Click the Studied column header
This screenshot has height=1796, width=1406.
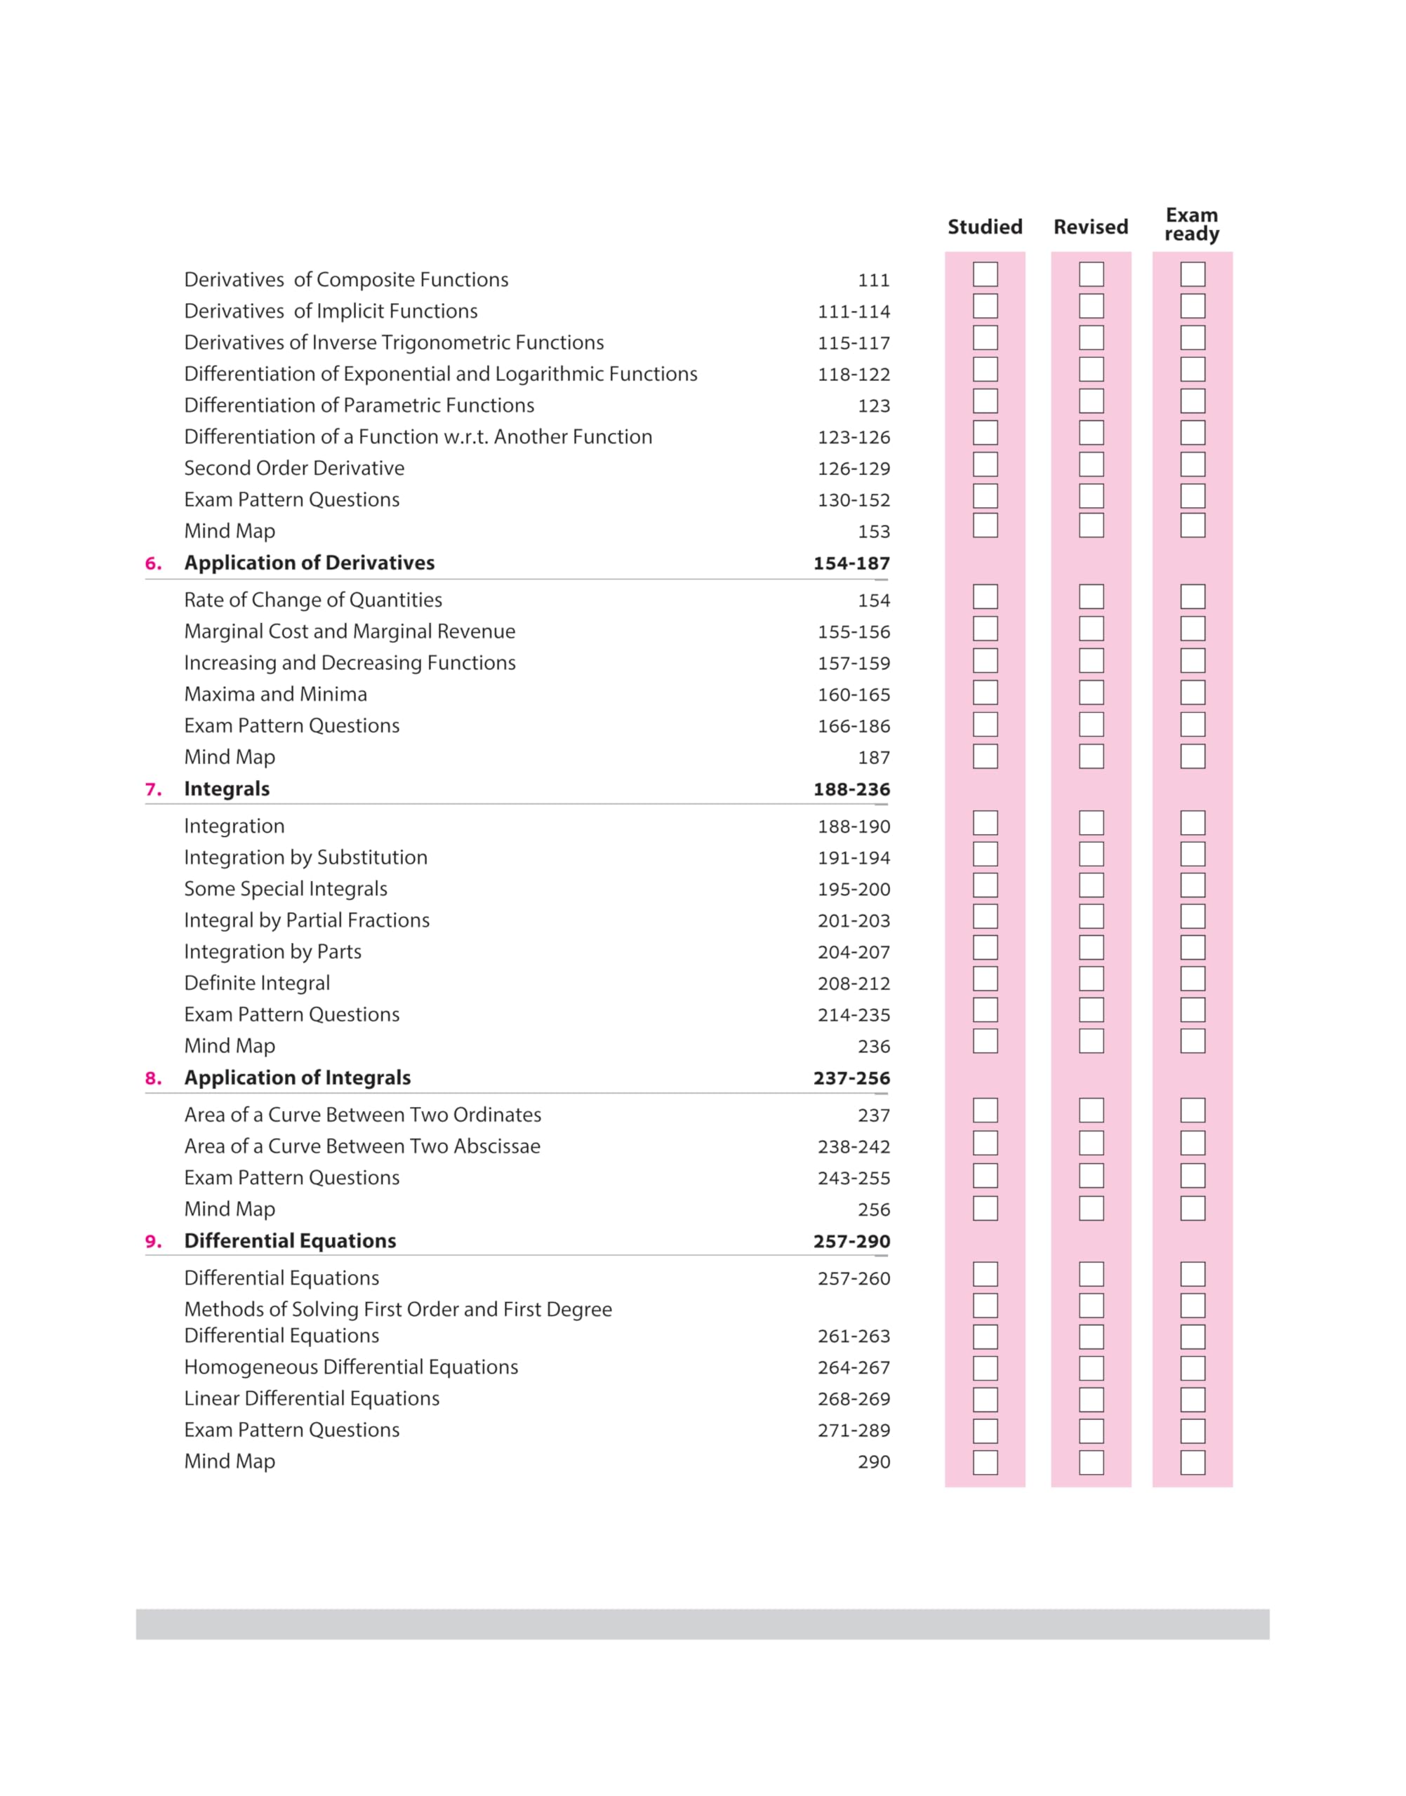click(x=985, y=227)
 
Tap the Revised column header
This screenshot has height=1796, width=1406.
click(x=1091, y=227)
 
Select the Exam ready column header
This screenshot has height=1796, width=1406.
click(x=1191, y=224)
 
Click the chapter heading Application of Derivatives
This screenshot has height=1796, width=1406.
click(x=310, y=563)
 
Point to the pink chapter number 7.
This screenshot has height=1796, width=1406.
click(x=153, y=790)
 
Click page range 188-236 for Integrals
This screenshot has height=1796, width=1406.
click(x=851, y=790)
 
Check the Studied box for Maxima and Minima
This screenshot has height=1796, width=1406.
click(x=986, y=692)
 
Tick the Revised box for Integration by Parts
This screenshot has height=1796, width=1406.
click(x=1092, y=948)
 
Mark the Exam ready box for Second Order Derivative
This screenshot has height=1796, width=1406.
click(x=1193, y=465)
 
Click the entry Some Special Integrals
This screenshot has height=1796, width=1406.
click(x=286, y=889)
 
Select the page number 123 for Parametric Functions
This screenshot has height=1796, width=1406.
click(x=873, y=406)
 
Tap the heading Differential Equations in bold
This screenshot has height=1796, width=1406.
click(x=290, y=1240)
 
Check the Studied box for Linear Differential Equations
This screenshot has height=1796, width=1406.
click(x=986, y=1400)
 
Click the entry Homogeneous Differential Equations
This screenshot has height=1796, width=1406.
click(x=351, y=1367)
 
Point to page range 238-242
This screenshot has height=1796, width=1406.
click(x=854, y=1147)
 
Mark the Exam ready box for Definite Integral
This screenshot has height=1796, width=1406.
click(x=1193, y=979)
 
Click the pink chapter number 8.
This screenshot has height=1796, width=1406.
click(x=153, y=1078)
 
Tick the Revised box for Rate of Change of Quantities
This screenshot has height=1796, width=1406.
click(x=1092, y=597)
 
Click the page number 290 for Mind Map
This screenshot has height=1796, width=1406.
click(x=873, y=1462)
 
